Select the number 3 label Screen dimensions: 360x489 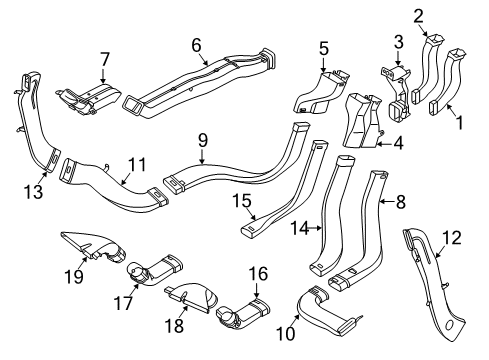point(397,41)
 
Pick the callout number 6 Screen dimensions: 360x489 point(197,43)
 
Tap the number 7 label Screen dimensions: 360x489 point(104,61)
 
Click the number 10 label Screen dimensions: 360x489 point(291,331)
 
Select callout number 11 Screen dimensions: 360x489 point(137,161)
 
